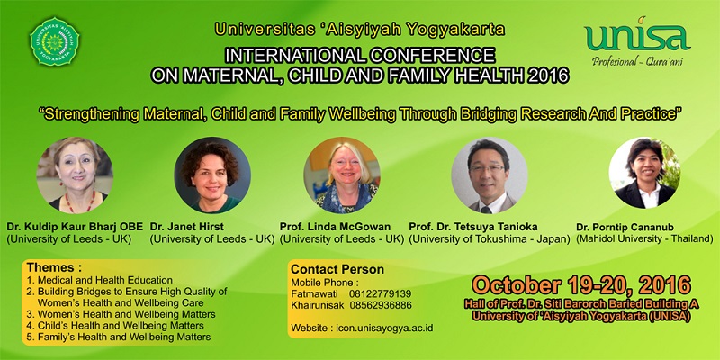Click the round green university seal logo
(54, 41)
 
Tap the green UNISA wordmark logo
(637, 35)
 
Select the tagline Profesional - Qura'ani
(637, 60)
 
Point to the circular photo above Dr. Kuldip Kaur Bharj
(75, 175)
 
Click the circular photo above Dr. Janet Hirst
(212, 175)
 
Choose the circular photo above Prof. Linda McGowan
(342, 175)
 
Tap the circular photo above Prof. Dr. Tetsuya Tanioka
(489, 175)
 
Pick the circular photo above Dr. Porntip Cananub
(644, 173)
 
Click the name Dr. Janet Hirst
(187, 227)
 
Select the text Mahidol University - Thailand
(644, 238)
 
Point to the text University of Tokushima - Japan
(490, 239)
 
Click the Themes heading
(54, 267)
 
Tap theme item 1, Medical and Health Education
(100, 280)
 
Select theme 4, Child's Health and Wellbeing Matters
(115, 326)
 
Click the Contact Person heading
(337, 269)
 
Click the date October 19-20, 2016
(580, 285)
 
